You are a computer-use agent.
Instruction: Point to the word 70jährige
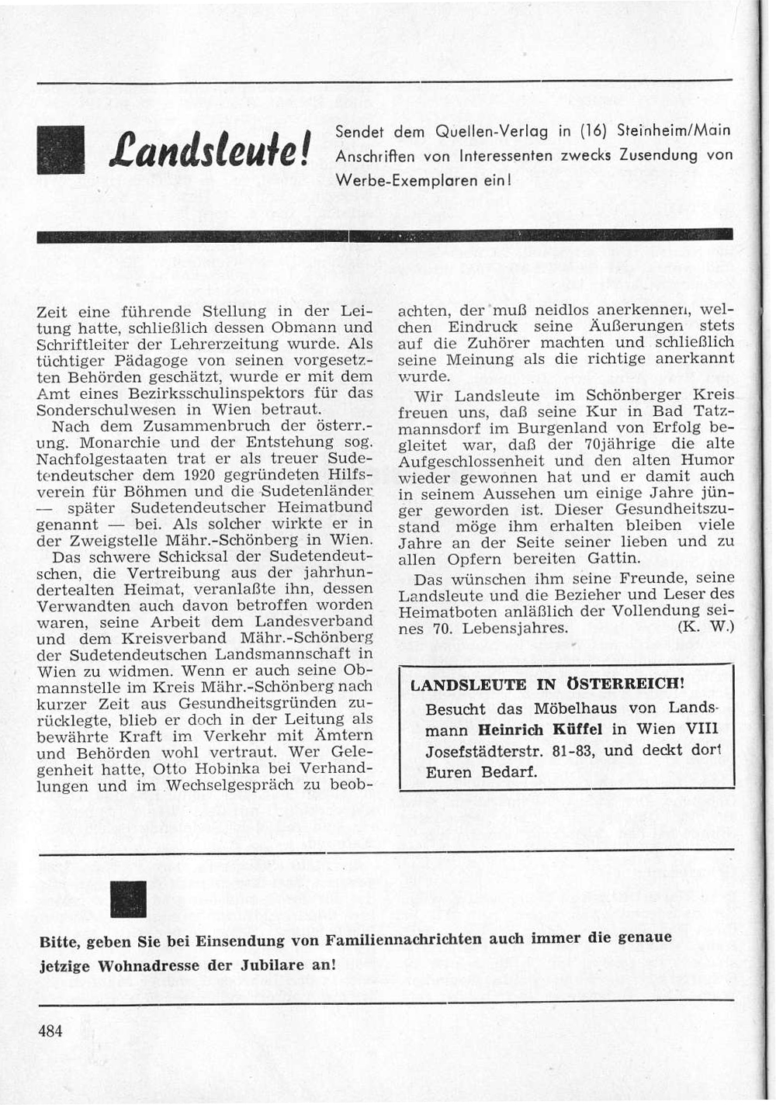[x=636, y=443]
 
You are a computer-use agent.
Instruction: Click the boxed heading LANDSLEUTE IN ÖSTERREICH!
[x=547, y=684]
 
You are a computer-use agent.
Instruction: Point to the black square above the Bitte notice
[x=129, y=899]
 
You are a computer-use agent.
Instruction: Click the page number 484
[x=50, y=1031]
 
